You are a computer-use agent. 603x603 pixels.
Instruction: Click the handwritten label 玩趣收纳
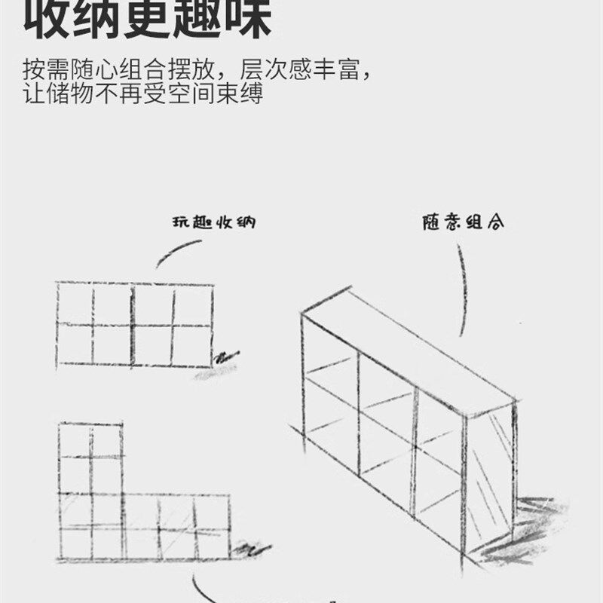(202, 224)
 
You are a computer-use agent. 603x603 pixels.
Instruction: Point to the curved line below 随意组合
(461, 294)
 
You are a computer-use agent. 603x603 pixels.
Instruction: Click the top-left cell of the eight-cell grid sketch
(75, 303)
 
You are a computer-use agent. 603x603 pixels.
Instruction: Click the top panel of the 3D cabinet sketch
(407, 350)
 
